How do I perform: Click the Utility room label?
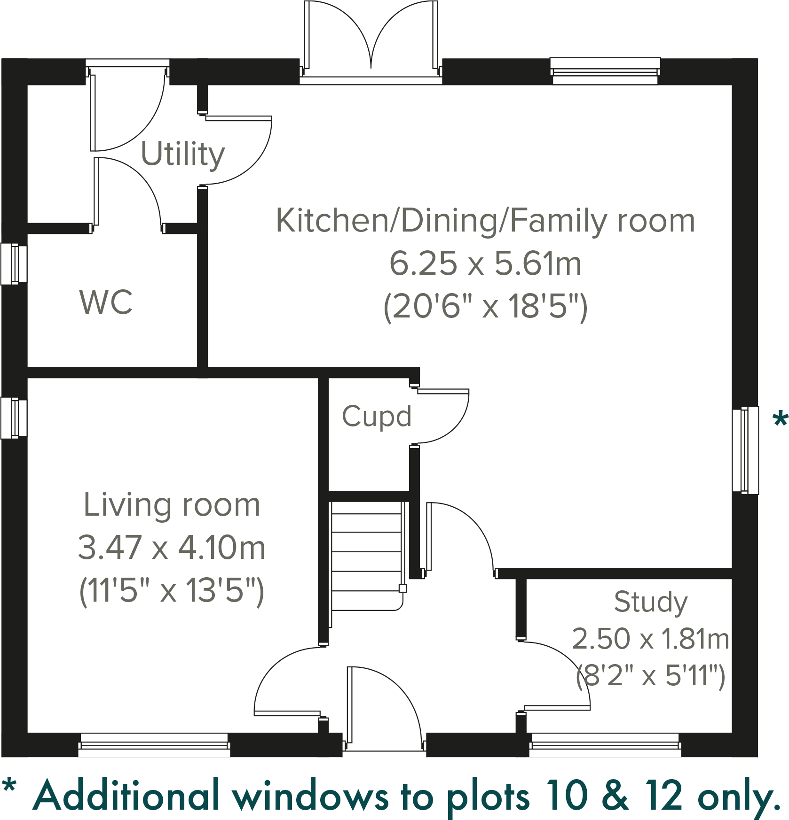pyautogui.click(x=183, y=154)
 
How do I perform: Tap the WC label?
pyautogui.click(x=106, y=302)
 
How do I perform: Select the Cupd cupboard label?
pyautogui.click(x=377, y=417)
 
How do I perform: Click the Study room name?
pyautogui.click(x=651, y=602)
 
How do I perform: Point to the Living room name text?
pyautogui.click(x=172, y=505)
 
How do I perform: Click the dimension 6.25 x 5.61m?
pyautogui.click(x=485, y=263)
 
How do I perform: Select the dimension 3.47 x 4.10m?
pyautogui.click(x=172, y=548)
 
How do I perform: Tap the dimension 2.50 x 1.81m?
pyautogui.click(x=651, y=639)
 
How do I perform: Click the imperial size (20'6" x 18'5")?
pyautogui.click(x=485, y=307)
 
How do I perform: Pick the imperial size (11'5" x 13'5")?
pyautogui.click(x=172, y=590)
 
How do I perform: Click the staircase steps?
pyautogui.click(x=367, y=552)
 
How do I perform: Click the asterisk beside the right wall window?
pyautogui.click(x=780, y=419)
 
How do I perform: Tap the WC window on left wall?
pyautogui.click(x=13, y=264)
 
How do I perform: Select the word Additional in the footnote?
pyautogui.click(x=127, y=796)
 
